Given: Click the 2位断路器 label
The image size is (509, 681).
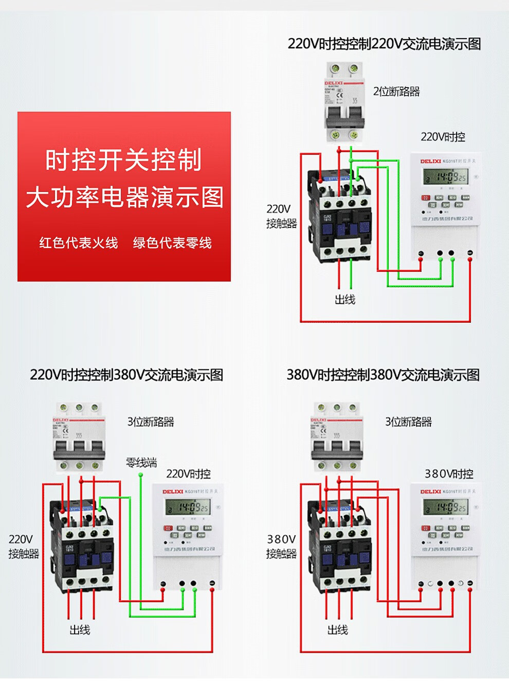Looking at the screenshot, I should pyautogui.click(x=396, y=92).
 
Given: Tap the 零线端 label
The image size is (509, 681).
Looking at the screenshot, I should pyautogui.click(x=141, y=462).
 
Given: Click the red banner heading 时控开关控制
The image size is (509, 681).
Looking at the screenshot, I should pyautogui.click(x=123, y=160).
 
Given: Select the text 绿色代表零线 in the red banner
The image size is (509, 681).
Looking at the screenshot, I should pyautogui.click(x=172, y=243).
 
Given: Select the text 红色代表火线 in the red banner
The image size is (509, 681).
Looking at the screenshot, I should pyautogui.click(x=79, y=243).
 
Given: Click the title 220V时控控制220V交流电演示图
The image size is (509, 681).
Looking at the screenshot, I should pyautogui.click(x=384, y=44).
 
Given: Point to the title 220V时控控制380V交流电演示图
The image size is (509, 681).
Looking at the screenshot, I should pyautogui.click(x=126, y=375).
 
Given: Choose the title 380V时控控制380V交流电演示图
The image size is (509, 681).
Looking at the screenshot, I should pyautogui.click(x=383, y=375).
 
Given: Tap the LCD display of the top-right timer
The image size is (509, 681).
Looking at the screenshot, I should pyautogui.click(x=445, y=178).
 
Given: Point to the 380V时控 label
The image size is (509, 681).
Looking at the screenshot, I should pyautogui.click(x=449, y=474).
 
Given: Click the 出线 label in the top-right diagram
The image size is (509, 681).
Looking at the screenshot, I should pyautogui.click(x=344, y=300).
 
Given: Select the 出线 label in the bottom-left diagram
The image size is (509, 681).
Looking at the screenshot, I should pyautogui.click(x=80, y=630).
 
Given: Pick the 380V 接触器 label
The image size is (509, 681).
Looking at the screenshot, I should pyautogui.click(x=281, y=546).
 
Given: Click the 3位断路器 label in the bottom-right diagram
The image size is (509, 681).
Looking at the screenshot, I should pyautogui.click(x=409, y=422).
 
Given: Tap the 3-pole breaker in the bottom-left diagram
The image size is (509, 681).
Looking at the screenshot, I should pyautogui.click(x=79, y=438).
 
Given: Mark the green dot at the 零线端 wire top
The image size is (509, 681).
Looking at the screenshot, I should pyautogui.click(x=140, y=475).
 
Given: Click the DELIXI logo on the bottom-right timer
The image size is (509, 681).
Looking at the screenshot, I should pyautogui.click(x=430, y=492).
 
